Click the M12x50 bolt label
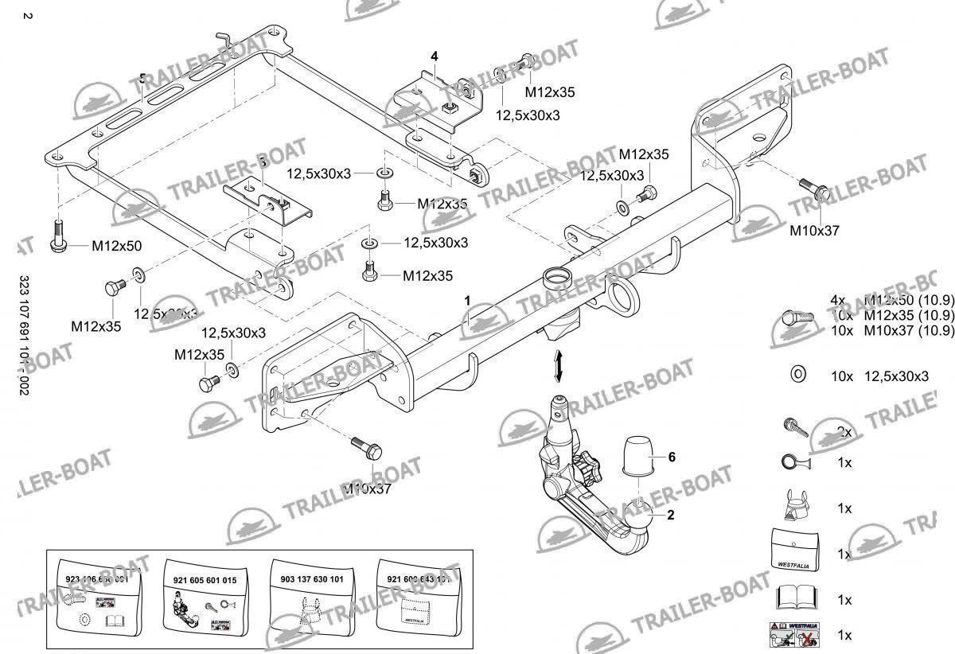point(116,246)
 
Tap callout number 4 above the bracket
point(435,56)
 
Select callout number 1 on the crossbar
point(468,300)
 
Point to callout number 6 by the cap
point(671,457)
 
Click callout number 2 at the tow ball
point(671,515)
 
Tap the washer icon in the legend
point(797,376)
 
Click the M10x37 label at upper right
point(814,231)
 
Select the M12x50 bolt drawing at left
point(58,237)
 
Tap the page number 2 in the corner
point(28,16)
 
